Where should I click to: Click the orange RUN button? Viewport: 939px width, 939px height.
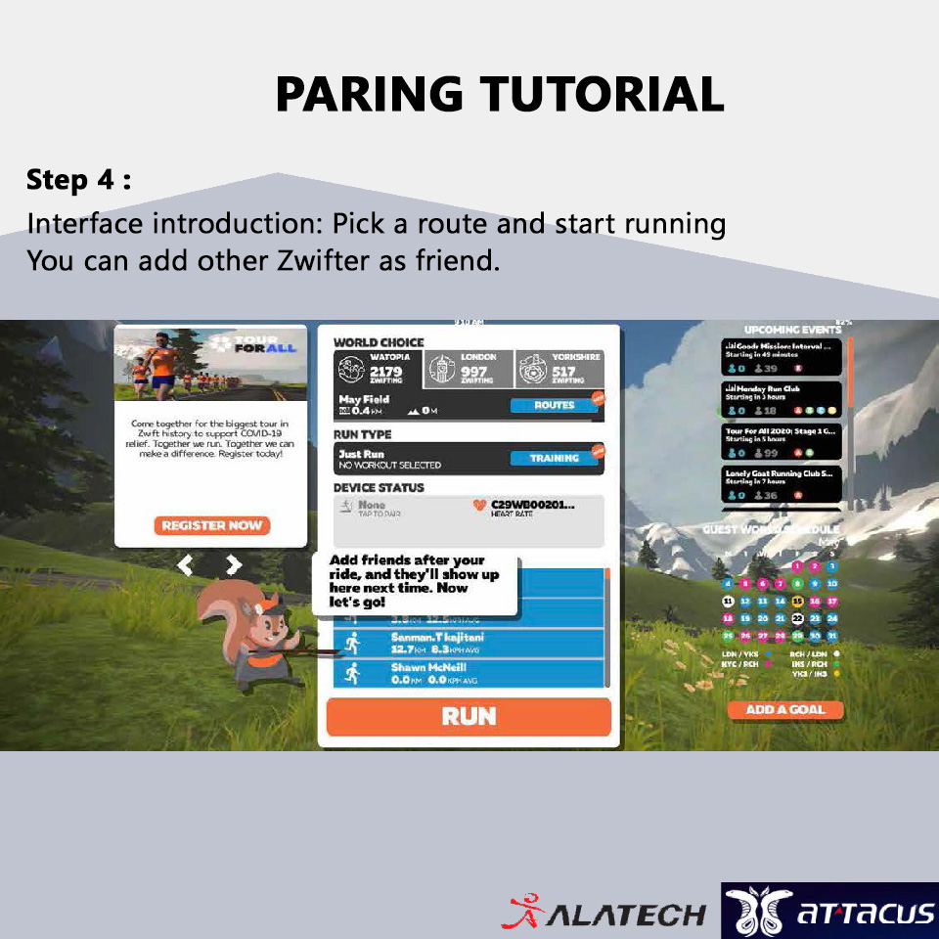click(x=469, y=717)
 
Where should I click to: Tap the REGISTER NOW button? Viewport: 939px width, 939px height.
click(x=211, y=526)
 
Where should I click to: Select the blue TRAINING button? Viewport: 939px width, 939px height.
click(x=554, y=458)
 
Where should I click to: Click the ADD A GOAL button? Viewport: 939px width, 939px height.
click(x=785, y=710)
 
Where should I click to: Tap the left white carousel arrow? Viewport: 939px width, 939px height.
click(x=186, y=564)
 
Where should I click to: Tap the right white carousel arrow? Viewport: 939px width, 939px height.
click(x=233, y=564)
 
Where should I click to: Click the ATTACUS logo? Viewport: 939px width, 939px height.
click(x=829, y=911)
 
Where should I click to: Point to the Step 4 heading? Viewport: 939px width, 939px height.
click(x=78, y=180)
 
